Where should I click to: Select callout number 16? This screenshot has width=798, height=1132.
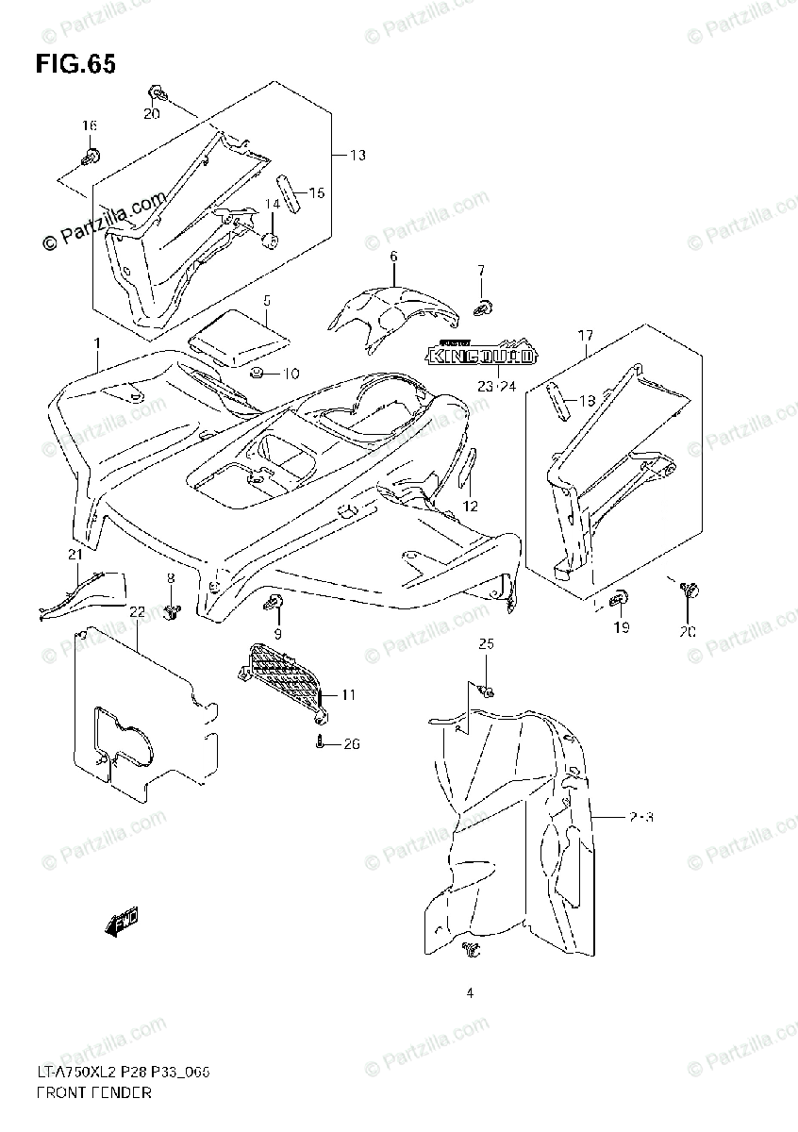coord(89,126)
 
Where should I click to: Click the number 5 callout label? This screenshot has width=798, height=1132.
coord(267,301)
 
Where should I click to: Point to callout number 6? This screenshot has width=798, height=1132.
coord(393,257)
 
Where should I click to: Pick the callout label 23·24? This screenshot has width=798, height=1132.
coord(498,386)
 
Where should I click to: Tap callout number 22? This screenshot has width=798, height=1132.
coord(137,612)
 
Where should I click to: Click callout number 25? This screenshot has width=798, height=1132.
coord(486,644)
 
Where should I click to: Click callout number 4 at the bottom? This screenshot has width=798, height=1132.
coord(468,992)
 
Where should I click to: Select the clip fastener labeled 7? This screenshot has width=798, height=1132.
coord(485,305)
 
